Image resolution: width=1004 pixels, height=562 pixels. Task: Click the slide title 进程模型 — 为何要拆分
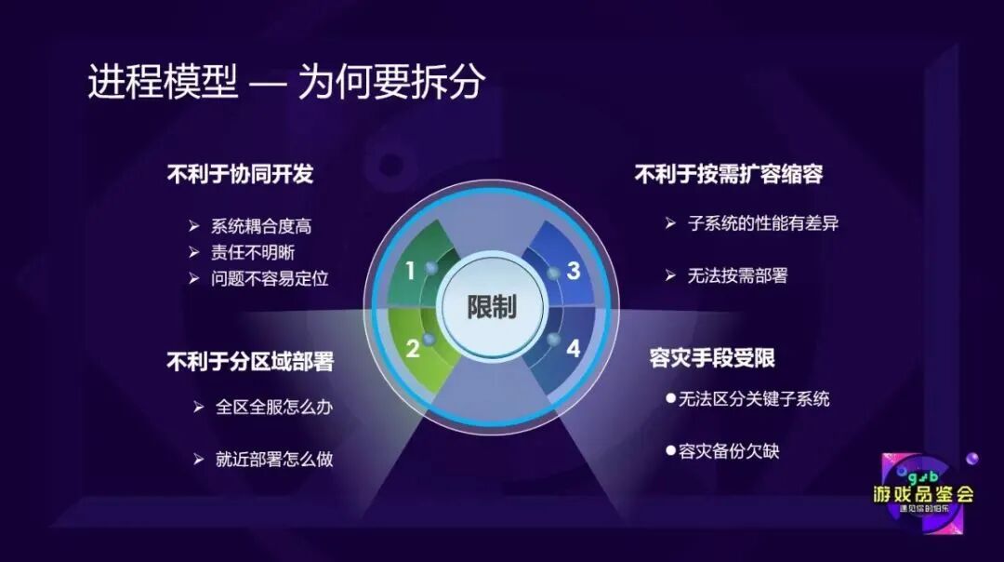pos(286,83)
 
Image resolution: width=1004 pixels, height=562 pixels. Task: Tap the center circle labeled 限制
pos(492,307)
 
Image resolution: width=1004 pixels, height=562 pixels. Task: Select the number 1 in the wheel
pos(410,271)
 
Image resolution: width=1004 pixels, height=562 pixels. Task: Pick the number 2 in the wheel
pos(413,349)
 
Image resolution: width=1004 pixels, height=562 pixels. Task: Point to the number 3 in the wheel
pos(574,271)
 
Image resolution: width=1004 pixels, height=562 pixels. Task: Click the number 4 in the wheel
pos(573,349)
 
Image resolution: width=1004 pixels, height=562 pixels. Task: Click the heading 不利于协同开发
pos(240,174)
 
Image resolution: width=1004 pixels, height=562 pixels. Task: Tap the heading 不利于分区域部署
pos(249,361)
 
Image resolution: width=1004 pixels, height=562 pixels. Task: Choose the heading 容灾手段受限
pos(712,358)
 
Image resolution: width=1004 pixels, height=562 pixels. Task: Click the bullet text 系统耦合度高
pos(261,226)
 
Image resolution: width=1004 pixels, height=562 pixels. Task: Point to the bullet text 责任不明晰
pos(254,252)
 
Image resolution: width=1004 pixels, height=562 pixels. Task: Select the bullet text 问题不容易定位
pos(270,278)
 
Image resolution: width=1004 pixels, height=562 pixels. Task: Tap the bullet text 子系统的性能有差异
pos(763,223)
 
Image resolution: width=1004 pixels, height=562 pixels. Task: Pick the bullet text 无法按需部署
pos(737,275)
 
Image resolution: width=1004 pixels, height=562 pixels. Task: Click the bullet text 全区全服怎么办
pos(274,407)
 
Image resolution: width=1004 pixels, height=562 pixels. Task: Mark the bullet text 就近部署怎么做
pos(274,459)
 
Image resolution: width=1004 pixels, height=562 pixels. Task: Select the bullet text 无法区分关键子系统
pos(754,399)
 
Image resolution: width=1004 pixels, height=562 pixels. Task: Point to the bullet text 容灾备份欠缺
pos(729,451)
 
